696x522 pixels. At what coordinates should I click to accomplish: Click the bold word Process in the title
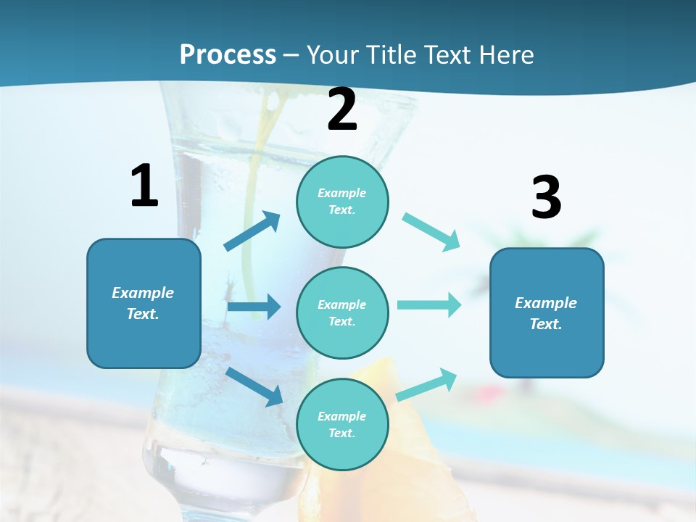[x=228, y=55]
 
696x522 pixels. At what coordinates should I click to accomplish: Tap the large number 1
[x=144, y=186]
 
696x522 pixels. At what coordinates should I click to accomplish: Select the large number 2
[x=342, y=109]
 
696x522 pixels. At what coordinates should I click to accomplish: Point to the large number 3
[x=546, y=198]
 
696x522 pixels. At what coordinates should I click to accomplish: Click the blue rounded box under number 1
[x=144, y=303]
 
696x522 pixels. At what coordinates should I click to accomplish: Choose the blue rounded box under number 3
[x=547, y=312]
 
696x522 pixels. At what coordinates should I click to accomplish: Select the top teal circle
[x=342, y=202]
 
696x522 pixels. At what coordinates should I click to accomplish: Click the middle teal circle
[x=342, y=312]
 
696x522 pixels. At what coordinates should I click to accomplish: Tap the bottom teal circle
[x=342, y=424]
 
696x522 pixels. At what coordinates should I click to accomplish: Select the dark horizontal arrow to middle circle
[x=254, y=307]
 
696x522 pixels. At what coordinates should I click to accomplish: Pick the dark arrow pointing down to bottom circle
[x=254, y=386]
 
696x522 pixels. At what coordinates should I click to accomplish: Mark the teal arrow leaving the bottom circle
[x=427, y=385]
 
